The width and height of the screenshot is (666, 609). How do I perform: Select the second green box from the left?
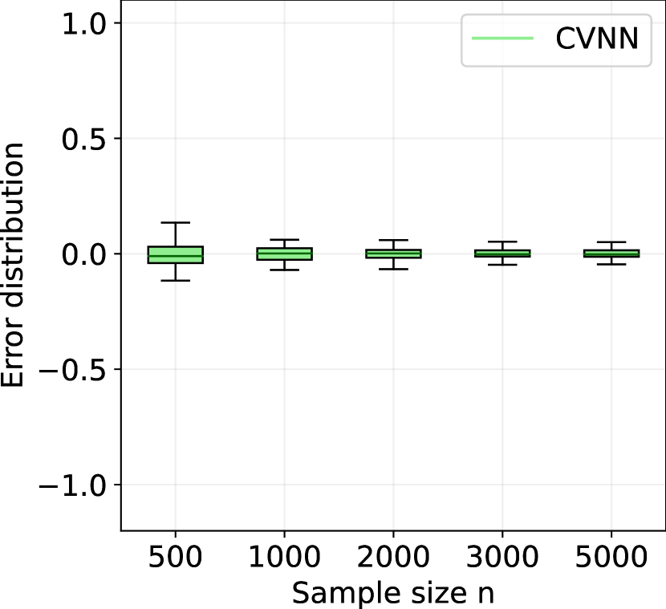click(284, 254)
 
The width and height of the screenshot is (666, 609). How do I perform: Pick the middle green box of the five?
click(393, 254)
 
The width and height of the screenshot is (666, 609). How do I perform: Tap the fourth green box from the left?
click(502, 254)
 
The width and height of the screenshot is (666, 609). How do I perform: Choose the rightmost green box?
click(611, 254)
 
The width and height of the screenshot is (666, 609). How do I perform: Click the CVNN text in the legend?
click(597, 39)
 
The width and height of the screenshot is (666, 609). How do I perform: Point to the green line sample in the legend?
click(502, 39)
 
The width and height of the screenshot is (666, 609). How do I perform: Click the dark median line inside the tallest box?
click(175, 257)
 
